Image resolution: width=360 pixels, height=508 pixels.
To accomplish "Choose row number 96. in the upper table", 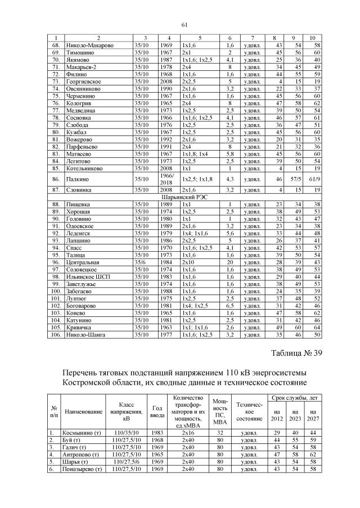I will [x=56, y=262].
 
